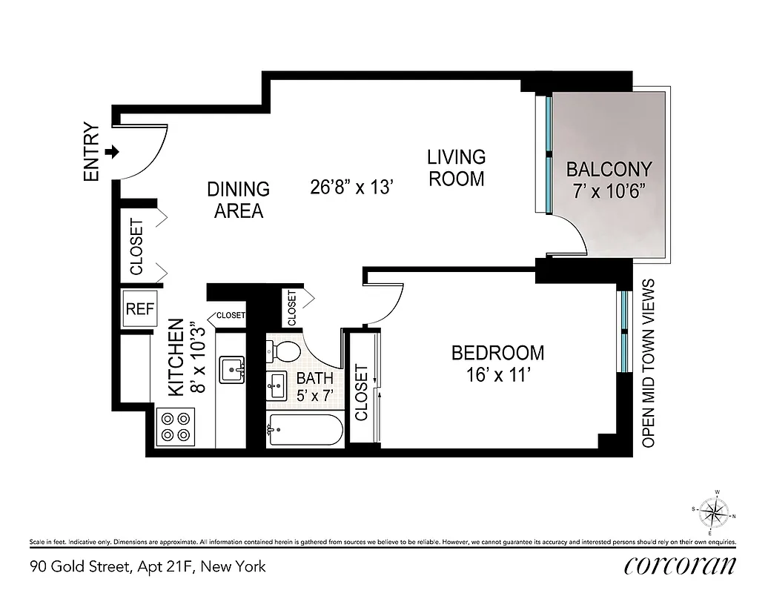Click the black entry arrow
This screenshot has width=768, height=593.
point(112,152)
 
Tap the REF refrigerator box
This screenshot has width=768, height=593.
point(140,308)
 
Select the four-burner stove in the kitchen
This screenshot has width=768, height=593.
point(176,428)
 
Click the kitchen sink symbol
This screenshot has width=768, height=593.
point(233,368)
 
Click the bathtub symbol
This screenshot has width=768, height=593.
point(305,429)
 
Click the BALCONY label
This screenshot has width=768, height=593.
point(609,169)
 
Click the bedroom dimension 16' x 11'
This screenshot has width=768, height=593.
point(497,375)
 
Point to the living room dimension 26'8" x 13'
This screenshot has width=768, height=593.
point(351,187)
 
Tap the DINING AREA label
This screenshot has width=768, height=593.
point(238,200)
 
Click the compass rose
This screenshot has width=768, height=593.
point(713,512)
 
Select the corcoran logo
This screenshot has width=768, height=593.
point(680,566)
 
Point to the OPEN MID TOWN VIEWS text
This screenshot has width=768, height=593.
point(649,363)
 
